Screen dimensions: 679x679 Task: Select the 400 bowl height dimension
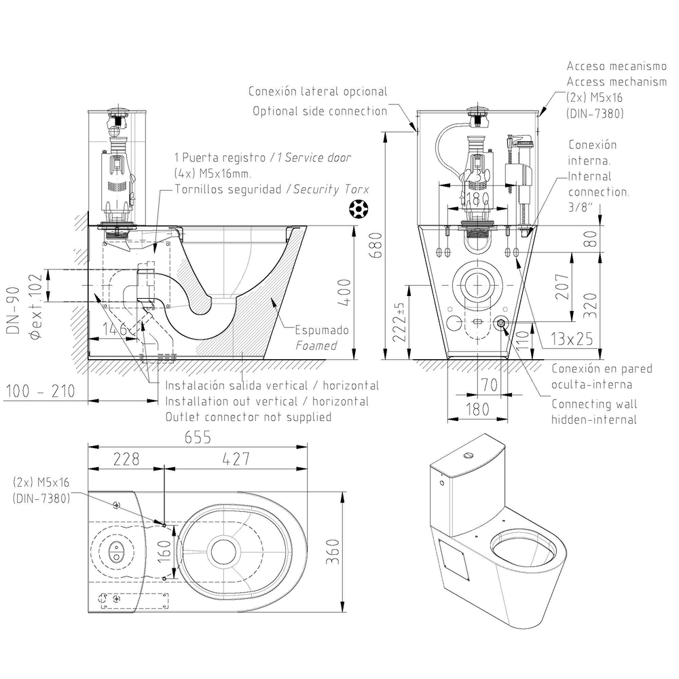344,291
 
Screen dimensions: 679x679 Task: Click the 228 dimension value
126,459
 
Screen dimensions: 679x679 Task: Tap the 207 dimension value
562,286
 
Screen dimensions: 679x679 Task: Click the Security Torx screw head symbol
356,210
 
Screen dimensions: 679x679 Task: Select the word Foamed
316,346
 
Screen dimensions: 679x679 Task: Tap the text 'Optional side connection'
320,111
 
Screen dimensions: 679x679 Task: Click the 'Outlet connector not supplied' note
249,417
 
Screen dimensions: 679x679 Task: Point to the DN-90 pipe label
13,309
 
